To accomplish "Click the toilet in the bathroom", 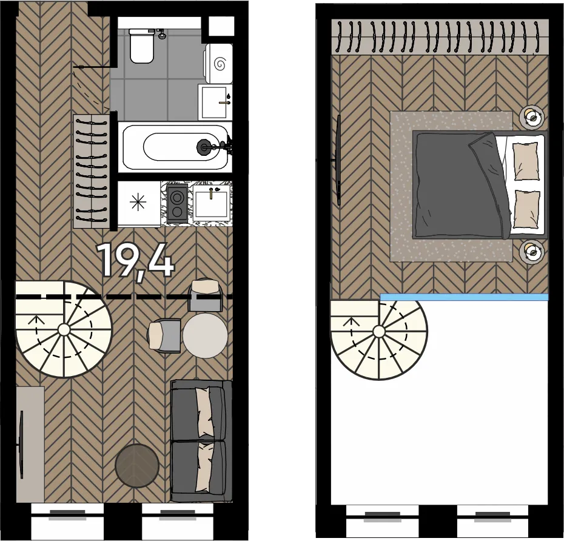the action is [x=143, y=45].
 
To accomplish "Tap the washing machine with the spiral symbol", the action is [x=218, y=64].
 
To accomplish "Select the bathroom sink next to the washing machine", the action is [x=215, y=102].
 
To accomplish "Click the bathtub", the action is [x=176, y=147].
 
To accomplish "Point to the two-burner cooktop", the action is [x=176, y=203].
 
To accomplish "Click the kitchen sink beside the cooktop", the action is [x=211, y=203].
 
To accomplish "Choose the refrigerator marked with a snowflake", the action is [x=138, y=203].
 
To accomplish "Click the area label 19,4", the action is [x=136, y=260].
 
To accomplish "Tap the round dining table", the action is [x=205, y=335].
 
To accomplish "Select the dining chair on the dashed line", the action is [x=205, y=296].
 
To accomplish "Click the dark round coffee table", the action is [x=137, y=465].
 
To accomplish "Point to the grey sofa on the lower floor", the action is [x=201, y=441].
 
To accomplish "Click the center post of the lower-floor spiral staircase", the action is [x=64, y=329].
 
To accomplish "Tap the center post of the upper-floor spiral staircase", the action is [x=378, y=332].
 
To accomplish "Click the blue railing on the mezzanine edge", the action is [x=465, y=297].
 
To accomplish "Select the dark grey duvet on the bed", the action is [x=460, y=185].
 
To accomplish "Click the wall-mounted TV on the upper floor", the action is [x=338, y=160].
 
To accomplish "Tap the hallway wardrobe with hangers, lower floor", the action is [x=92, y=171].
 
